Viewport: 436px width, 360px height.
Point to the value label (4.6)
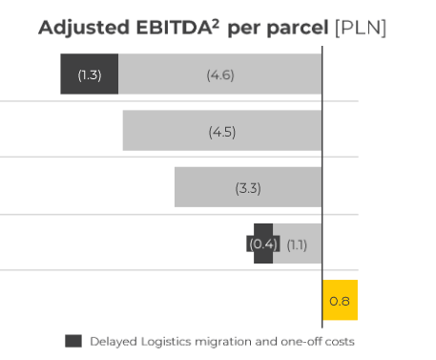coord(220,74)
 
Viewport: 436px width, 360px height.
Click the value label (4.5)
coord(221,132)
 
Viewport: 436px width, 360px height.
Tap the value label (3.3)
coord(248,188)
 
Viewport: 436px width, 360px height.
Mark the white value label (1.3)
coord(89,74)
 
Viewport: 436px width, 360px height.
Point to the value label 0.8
coord(340,302)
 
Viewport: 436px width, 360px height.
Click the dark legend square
coord(73,341)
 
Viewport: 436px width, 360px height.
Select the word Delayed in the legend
coord(113,341)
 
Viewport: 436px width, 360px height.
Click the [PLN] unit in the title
coord(361,27)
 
